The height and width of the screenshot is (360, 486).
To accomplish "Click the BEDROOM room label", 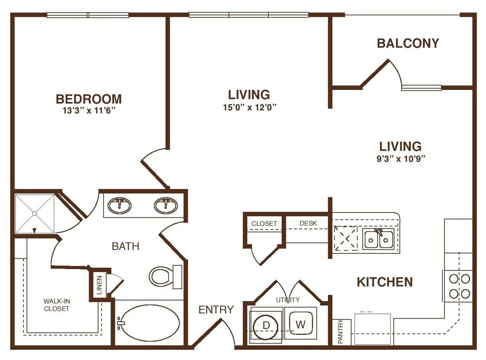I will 89,99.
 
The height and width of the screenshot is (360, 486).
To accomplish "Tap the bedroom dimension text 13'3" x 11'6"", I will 89,111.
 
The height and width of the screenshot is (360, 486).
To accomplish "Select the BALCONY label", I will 408,44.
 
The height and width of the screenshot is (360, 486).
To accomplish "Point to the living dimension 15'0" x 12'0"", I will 249,107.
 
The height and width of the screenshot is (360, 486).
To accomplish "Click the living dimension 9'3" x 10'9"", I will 400,159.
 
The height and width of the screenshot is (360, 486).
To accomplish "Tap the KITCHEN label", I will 384,282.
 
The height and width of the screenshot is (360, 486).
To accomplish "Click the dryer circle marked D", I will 266,325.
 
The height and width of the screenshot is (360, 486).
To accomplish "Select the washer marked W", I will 301,324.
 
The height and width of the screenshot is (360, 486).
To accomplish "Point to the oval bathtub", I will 148,323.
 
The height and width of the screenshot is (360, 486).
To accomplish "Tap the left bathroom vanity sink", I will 119,206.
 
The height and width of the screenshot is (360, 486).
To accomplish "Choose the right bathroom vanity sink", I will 166,206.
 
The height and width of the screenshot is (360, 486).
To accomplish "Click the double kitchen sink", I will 378,239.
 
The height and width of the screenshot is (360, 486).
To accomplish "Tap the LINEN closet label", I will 99,286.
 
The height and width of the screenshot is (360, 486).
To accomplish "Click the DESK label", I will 308,223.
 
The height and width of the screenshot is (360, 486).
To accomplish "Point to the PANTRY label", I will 340,332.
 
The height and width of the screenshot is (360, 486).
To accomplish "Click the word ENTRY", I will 216,310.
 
